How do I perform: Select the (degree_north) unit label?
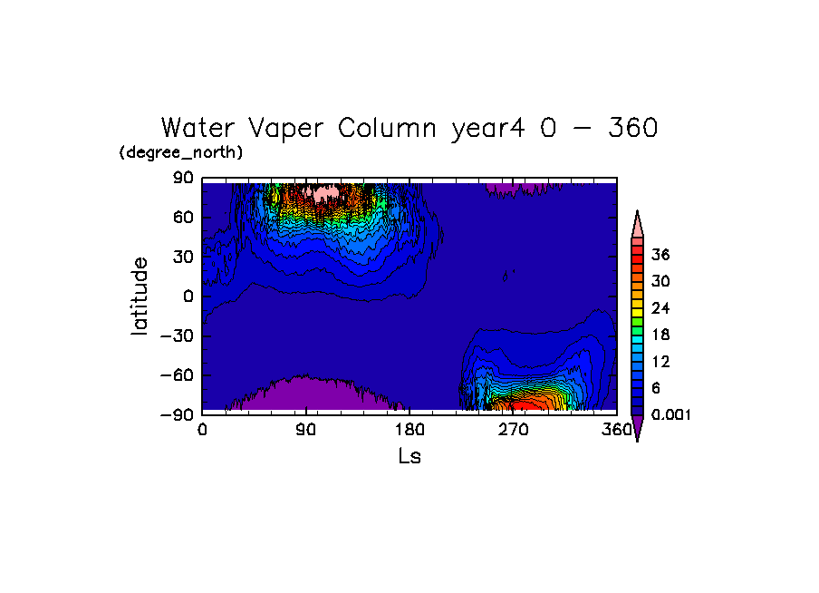tap(181, 152)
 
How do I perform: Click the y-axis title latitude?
tap(139, 296)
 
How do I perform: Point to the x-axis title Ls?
tap(409, 456)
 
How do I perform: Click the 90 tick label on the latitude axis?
tap(185, 179)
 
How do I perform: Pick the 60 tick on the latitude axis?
tap(185, 218)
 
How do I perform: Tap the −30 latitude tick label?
tap(179, 335)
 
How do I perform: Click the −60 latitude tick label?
tap(179, 374)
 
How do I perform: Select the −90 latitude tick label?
tap(179, 414)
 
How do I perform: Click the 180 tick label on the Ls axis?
tap(409, 430)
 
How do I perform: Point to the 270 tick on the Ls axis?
tap(513, 430)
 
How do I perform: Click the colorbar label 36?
tap(660, 255)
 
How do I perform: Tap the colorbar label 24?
tap(660, 308)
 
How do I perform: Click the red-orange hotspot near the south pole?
tap(525, 399)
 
